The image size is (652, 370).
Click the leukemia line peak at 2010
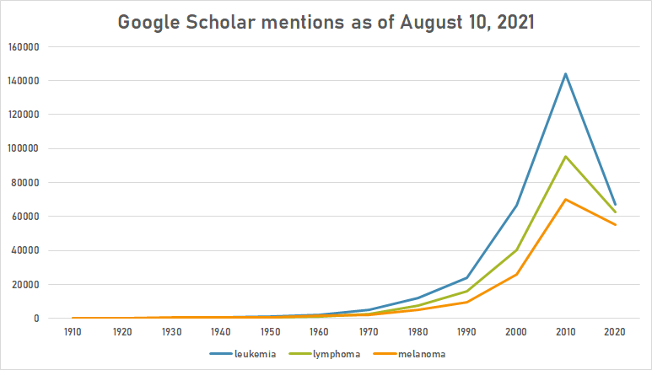coord(564,73)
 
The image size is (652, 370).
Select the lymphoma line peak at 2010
coord(564,156)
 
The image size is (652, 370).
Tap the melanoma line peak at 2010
coord(564,199)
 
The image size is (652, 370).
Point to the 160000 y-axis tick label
coord(25,46)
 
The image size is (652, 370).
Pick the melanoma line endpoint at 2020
coord(615,224)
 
